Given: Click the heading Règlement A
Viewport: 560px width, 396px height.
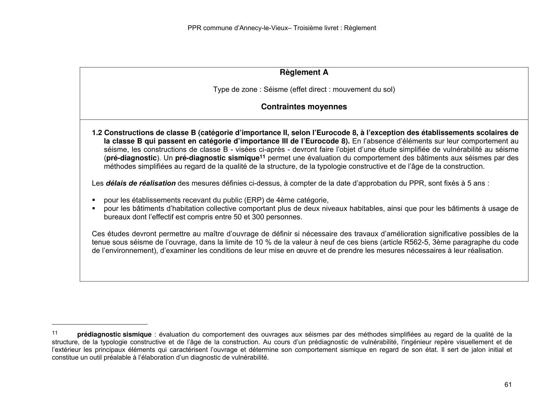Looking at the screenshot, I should coord(304,72).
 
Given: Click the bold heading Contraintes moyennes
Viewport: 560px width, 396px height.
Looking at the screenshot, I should coord(304,107).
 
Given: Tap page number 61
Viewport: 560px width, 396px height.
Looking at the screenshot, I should coord(508,385).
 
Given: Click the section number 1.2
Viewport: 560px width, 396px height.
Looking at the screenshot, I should coord(97,133).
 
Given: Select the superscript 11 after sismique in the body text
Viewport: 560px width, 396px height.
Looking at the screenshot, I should coord(262,156).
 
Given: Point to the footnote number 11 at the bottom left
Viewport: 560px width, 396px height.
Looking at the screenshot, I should coord(55,333).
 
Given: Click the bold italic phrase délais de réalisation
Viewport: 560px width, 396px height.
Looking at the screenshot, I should coord(140,184).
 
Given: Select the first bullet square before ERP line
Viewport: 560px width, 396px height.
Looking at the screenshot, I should coord(94,200).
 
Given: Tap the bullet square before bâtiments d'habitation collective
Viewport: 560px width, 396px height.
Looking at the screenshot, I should coord(94,209).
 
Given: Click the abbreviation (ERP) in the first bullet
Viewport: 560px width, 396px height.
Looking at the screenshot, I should coord(254,201).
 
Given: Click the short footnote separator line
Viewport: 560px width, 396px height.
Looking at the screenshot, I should coord(100,324).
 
